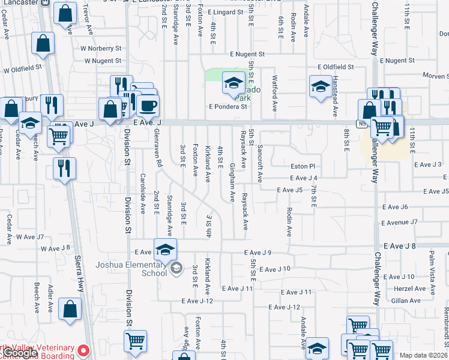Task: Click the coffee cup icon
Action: click(148, 106)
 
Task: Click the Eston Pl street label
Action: click(303, 166)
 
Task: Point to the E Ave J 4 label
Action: click(303, 178)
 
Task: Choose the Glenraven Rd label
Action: click(158, 147)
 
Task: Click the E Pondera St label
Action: click(228, 107)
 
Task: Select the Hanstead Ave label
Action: click(334, 96)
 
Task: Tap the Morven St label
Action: click(436, 76)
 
